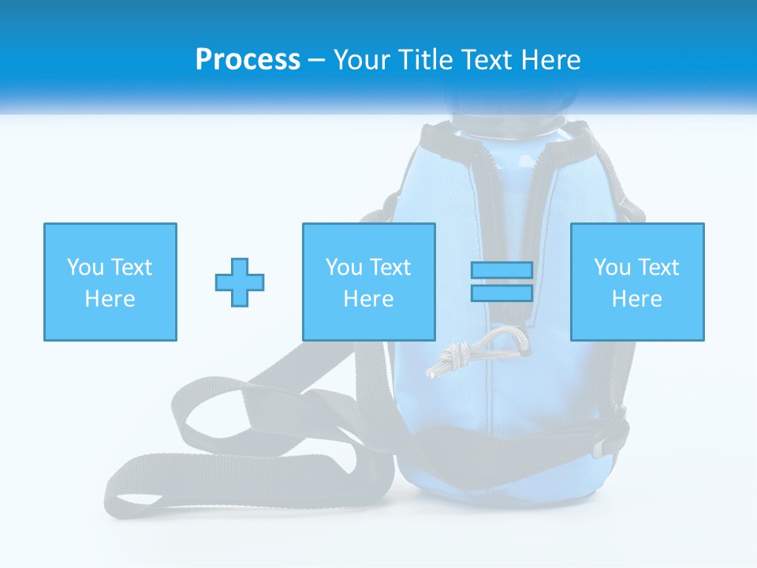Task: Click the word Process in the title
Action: point(248,60)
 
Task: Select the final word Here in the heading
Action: point(550,60)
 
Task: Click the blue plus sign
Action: point(240,282)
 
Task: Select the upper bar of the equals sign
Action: point(502,271)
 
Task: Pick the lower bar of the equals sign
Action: point(502,293)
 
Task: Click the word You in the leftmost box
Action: point(85,267)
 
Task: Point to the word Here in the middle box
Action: point(368,299)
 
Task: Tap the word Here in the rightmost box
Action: point(636,299)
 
